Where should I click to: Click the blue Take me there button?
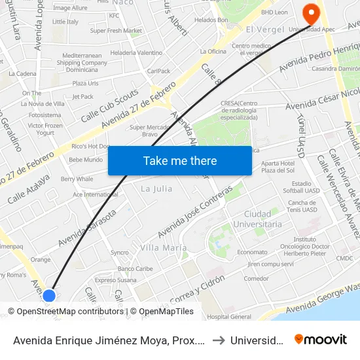point(180,160)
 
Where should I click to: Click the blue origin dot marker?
point(49,296)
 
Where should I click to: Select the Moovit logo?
point(321,339)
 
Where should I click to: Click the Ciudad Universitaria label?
point(262,219)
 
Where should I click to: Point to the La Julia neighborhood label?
point(156,189)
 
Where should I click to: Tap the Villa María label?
point(162,248)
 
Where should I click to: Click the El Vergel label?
point(264,30)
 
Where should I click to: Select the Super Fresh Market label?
point(116,31)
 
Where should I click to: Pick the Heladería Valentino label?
point(136,52)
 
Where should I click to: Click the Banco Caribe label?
point(135,269)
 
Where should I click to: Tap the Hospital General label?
point(229,317)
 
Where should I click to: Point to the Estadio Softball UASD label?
point(301,188)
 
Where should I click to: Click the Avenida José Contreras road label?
point(194,211)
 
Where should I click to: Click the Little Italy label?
point(65,22)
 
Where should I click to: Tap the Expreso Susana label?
point(115,279)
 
